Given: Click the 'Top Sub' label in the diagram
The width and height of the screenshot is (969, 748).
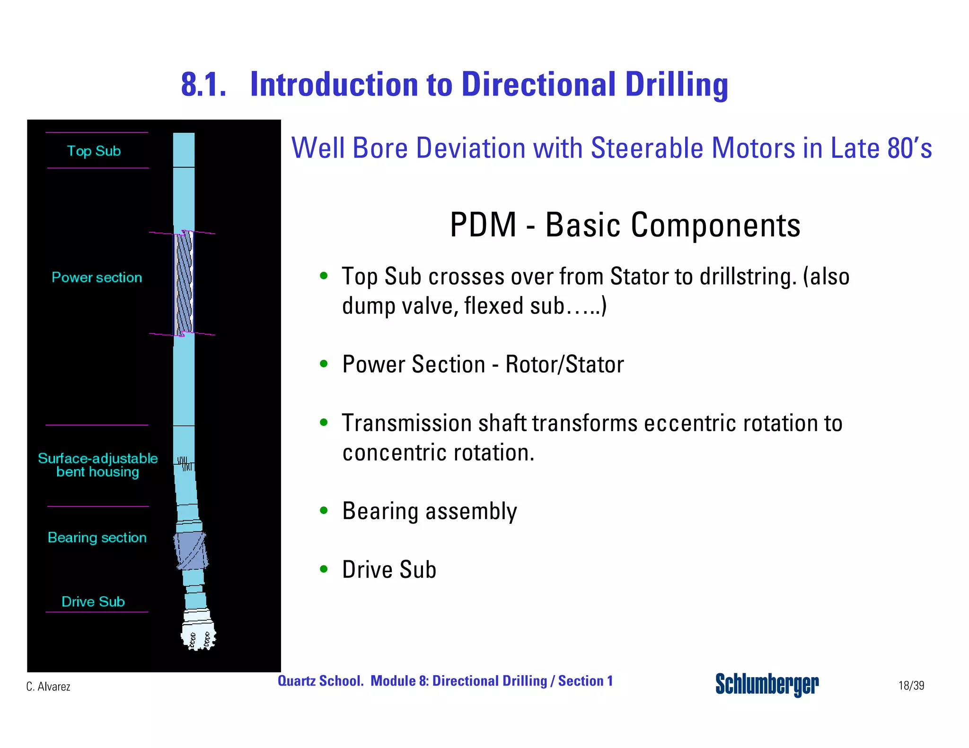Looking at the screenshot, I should (94, 151).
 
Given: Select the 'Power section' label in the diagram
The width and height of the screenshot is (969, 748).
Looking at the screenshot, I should (97, 278).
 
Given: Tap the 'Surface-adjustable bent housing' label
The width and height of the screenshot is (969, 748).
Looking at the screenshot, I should (97, 465).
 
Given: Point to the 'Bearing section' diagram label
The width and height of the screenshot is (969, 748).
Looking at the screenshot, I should (97, 538).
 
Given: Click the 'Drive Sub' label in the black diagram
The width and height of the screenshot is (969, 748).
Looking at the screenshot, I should (93, 602).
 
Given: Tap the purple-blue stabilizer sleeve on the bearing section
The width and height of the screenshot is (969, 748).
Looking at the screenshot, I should (191, 550).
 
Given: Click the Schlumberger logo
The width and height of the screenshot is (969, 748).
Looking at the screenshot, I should (766, 684).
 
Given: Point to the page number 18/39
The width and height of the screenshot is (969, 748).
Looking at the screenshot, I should (911, 686).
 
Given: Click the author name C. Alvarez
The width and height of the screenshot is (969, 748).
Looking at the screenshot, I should (48, 687).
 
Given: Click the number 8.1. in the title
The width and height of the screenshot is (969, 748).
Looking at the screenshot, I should (203, 85).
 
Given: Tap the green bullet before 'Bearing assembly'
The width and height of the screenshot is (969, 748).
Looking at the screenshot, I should (324, 510).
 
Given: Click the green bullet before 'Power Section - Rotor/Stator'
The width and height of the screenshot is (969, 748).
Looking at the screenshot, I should (324, 364).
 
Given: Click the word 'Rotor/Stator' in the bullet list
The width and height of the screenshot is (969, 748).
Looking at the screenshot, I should (564, 365).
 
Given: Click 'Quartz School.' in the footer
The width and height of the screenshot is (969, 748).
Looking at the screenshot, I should (320, 681).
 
